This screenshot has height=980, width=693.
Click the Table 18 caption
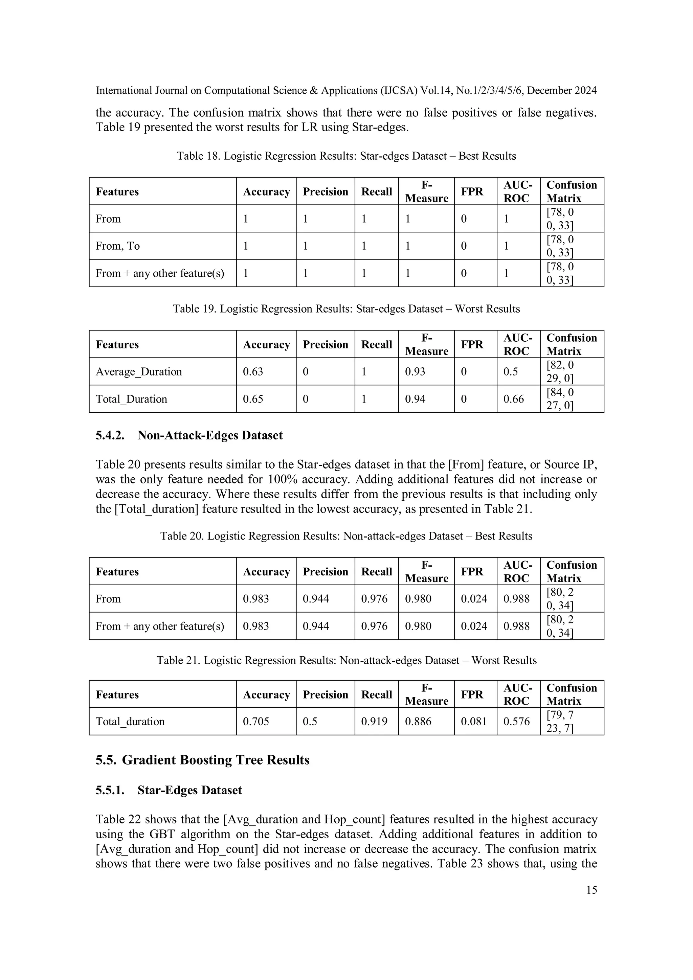point(346,156)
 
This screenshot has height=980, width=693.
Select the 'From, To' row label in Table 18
point(118,246)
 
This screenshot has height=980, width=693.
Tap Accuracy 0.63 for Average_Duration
point(253,371)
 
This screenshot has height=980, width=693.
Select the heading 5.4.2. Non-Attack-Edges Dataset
point(189,435)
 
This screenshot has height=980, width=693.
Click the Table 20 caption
point(346,536)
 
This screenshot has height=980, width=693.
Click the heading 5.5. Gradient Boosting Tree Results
point(202,760)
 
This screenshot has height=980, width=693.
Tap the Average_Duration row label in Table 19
point(139,371)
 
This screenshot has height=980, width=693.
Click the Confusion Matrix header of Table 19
point(571,344)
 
